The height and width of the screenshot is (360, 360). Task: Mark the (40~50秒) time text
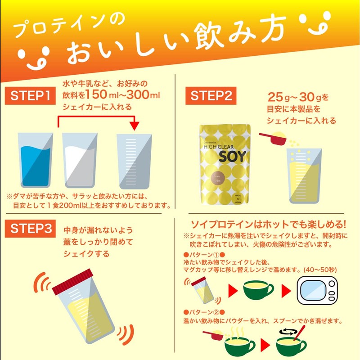coord(327,269)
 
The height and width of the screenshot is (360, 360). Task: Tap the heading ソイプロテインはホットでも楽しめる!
coord(269,224)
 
